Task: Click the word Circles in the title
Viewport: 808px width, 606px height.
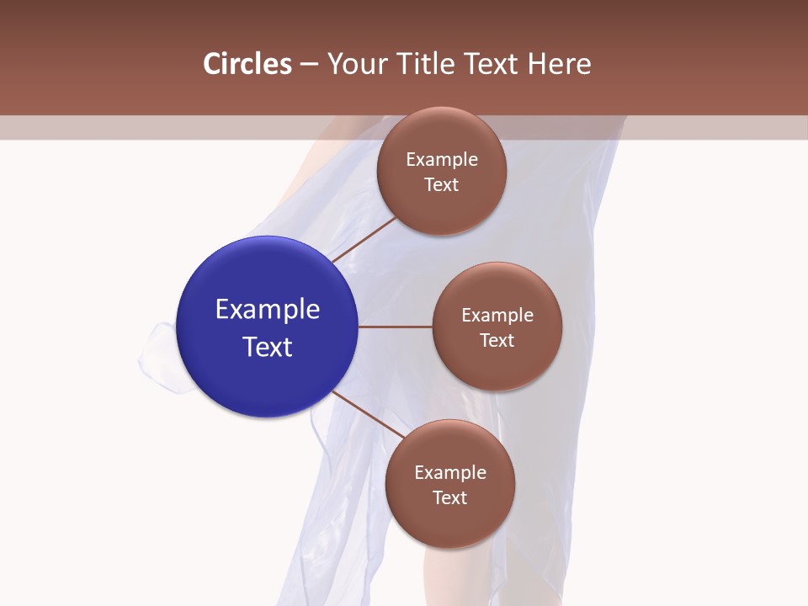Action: [247, 64]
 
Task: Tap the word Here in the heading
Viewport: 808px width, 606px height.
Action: [560, 64]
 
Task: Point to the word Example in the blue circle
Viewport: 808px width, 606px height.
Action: [268, 310]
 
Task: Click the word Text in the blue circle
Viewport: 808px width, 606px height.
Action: [268, 347]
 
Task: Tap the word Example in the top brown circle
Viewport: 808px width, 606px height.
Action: [442, 160]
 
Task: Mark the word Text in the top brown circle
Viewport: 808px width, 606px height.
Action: [442, 184]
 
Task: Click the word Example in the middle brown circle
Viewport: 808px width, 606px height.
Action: [497, 316]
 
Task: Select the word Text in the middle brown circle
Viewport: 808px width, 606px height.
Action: [497, 340]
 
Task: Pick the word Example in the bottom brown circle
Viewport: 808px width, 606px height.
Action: [450, 473]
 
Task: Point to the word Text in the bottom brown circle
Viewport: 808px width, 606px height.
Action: [450, 497]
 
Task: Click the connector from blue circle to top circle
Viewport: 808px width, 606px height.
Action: [363, 239]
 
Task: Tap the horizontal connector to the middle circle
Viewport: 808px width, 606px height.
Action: [395, 327]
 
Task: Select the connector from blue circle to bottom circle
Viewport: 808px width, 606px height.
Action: [368, 414]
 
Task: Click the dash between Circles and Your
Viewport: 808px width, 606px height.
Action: [309, 65]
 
